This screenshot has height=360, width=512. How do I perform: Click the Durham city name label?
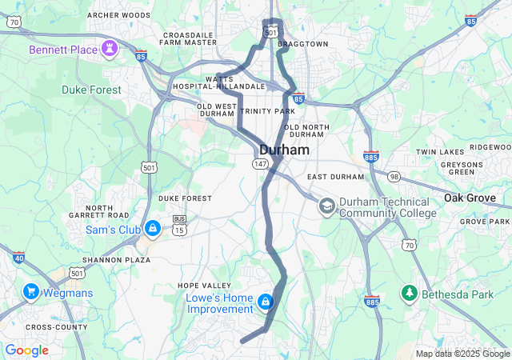tap(285, 149)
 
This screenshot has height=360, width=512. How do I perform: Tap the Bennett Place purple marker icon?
tap(109, 50)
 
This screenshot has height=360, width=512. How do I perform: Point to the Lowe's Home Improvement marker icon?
tap(265, 302)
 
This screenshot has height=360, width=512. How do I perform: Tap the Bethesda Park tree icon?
tap(409, 294)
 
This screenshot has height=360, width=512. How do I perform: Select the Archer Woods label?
tap(118, 15)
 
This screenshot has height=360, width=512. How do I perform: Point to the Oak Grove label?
tap(477, 198)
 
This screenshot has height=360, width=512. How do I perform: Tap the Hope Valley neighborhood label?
tap(204, 286)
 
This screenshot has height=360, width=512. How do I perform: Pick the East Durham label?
tap(335, 177)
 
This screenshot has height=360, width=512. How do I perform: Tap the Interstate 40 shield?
tap(18, 257)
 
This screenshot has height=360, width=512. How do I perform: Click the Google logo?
tap(26, 350)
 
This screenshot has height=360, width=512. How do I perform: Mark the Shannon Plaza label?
tap(118, 260)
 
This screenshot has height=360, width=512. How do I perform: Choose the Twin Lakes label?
tap(440, 152)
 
